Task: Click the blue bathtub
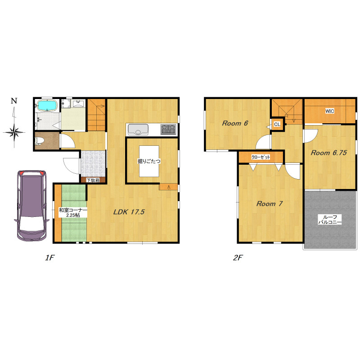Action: (47, 106)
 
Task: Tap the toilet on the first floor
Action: (39, 141)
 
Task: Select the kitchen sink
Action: (138, 130)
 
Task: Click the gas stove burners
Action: (168, 129)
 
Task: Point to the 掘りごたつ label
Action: (149, 161)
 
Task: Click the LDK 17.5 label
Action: (129, 211)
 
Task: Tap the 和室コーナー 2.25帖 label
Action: (73, 212)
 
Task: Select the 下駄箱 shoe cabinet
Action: (93, 180)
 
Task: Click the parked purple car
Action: (31, 206)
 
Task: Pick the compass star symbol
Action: (14, 132)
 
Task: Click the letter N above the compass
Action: (14, 100)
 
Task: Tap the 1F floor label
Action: (49, 257)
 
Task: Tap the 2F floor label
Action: (238, 257)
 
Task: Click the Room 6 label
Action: (235, 123)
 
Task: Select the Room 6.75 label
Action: (329, 153)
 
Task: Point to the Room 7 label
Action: (269, 204)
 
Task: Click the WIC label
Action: (330, 111)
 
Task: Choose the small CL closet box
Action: (278, 124)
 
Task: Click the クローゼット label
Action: (261, 157)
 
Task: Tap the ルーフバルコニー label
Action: (330, 220)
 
